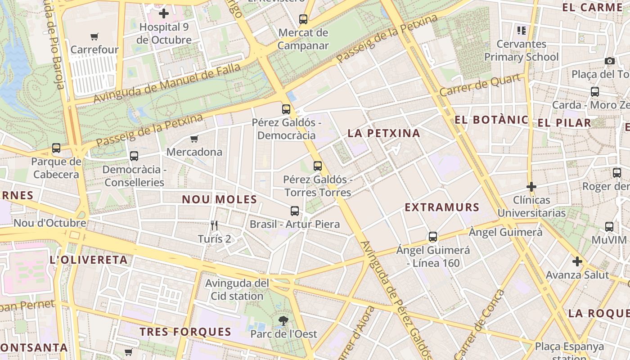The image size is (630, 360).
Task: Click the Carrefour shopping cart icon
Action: (x=94, y=37)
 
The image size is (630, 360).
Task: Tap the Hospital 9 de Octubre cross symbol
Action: (x=164, y=13)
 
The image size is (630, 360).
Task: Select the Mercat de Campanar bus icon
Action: (x=303, y=19)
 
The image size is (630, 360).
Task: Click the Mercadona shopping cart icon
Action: (x=194, y=139)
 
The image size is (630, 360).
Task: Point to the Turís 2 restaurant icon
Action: (x=214, y=225)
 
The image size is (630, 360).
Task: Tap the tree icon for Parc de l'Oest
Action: (x=283, y=321)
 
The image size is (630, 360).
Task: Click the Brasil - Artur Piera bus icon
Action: (x=295, y=211)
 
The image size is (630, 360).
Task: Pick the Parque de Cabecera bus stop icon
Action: (x=56, y=148)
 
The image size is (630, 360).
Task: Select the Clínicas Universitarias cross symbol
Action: (x=531, y=186)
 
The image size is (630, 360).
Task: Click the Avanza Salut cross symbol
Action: (x=577, y=261)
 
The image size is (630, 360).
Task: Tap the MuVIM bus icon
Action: (x=609, y=226)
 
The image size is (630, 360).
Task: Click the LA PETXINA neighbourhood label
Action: (x=384, y=133)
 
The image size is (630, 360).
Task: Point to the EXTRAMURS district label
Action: (x=442, y=207)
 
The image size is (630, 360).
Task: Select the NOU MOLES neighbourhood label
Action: (x=220, y=199)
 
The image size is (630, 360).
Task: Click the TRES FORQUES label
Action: (x=185, y=332)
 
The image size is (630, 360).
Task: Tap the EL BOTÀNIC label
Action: (x=491, y=120)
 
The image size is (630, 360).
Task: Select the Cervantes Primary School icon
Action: (x=522, y=31)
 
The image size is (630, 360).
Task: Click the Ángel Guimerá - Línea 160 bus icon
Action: (x=433, y=237)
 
